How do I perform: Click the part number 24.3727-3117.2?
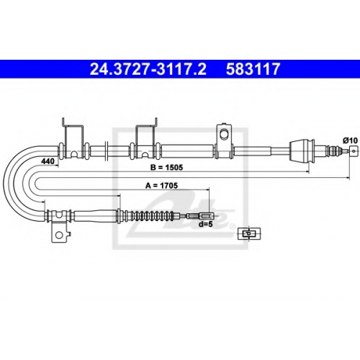148,69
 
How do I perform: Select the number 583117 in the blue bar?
253,69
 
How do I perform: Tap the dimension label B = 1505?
166,167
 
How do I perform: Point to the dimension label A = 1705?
161,185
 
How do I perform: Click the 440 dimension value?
48,161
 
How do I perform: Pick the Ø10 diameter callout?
350,140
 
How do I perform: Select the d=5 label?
206,224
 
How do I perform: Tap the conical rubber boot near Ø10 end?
302,151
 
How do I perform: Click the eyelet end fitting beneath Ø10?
353,151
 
